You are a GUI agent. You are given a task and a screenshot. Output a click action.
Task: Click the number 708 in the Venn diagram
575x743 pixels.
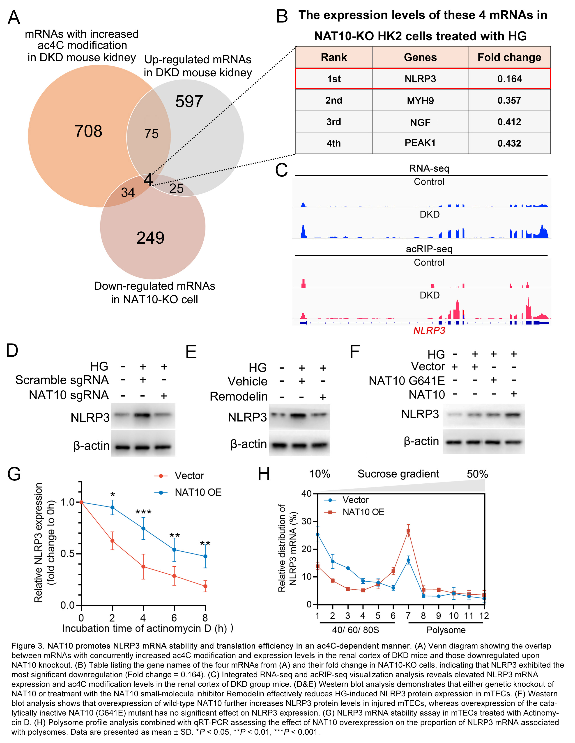click(88, 131)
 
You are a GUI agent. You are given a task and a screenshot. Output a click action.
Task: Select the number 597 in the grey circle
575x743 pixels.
click(189, 101)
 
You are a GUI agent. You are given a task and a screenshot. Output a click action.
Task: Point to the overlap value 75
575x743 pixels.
click(152, 134)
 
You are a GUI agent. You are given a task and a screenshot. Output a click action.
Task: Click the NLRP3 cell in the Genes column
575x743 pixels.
click(420, 79)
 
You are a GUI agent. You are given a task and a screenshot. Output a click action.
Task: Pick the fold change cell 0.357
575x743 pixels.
click(509, 100)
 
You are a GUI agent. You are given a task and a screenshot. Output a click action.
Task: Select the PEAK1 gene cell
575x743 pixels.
click(420, 143)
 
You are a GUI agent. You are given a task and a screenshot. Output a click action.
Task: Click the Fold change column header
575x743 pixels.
click(509, 57)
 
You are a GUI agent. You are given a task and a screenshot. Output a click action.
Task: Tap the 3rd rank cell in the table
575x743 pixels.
click(334, 122)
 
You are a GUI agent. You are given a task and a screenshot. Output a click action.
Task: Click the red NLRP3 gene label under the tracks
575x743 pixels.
click(429, 331)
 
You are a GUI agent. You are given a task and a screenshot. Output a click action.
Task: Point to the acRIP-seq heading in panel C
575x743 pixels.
click(429, 249)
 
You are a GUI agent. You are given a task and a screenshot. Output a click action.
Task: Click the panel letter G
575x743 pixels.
click(14, 474)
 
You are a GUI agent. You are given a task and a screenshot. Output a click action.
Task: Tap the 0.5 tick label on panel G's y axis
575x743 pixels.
click(67, 553)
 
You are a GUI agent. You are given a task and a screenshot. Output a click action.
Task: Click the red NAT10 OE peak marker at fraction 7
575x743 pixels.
click(408, 531)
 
